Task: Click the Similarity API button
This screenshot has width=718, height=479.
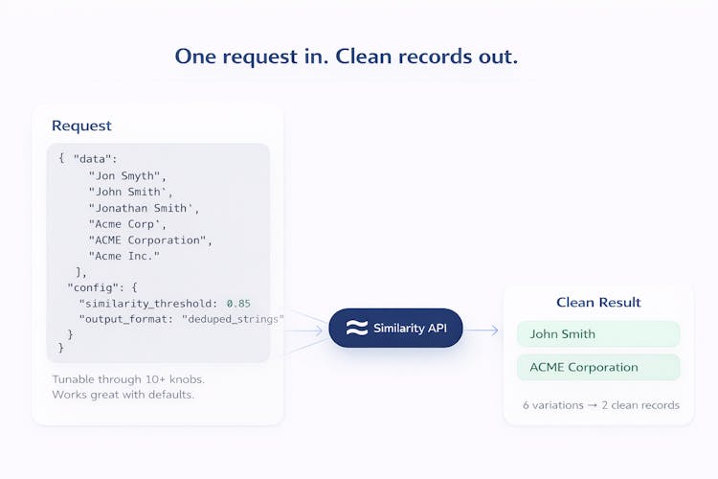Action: pyautogui.click(x=395, y=329)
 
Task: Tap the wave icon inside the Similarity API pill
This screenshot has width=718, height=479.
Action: pyautogui.click(x=356, y=329)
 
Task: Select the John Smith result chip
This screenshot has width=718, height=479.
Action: pyautogui.click(x=597, y=334)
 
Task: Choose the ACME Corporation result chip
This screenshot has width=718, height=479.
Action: pyautogui.click(x=597, y=367)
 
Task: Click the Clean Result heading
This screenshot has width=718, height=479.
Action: pyautogui.click(x=598, y=303)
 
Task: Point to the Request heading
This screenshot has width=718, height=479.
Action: pyautogui.click(x=81, y=125)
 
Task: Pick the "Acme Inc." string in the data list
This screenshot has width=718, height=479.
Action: pyautogui.click(x=124, y=256)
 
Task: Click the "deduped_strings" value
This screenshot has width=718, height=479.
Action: pyautogui.click(x=233, y=318)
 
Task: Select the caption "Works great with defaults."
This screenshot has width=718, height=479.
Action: pyautogui.click(x=123, y=395)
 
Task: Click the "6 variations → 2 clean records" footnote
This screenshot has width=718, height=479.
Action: pyautogui.click(x=601, y=404)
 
